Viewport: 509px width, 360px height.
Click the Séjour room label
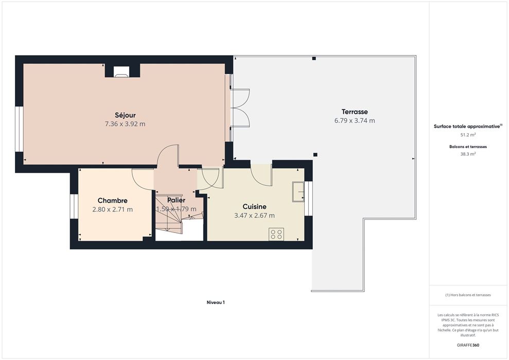125,115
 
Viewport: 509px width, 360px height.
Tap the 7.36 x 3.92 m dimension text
125,124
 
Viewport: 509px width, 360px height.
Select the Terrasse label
355,112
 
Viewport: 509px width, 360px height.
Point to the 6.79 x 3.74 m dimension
355,121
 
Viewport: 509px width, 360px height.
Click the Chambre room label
112,201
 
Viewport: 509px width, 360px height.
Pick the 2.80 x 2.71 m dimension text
112,209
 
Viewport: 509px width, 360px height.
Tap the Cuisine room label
254,207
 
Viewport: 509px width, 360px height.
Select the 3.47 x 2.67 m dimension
254,215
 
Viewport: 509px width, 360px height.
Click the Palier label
176,200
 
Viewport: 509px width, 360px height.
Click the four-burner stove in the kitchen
276,234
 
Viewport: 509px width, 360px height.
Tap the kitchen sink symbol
298,192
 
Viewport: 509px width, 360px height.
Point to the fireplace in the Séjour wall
121,71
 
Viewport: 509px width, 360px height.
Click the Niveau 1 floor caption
216,302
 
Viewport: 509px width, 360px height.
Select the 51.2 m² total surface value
468,135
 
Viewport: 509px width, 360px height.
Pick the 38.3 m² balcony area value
468,154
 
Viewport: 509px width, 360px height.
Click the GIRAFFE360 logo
468,345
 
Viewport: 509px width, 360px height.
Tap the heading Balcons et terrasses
468,147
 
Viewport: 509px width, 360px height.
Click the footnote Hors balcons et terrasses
468,295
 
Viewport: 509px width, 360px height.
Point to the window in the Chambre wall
74,207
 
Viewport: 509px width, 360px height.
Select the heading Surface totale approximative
468,127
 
